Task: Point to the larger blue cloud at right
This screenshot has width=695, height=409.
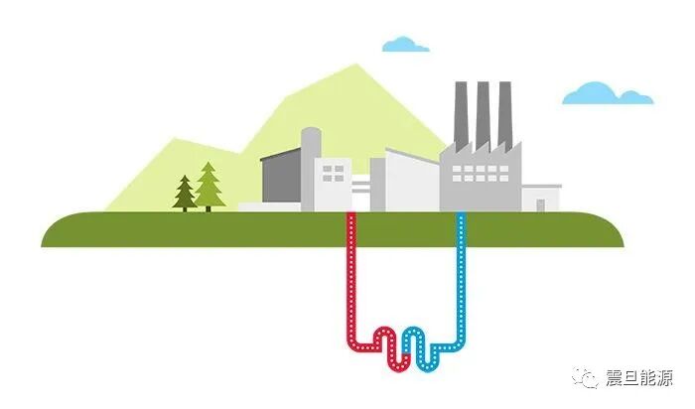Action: pyautogui.click(x=607, y=93)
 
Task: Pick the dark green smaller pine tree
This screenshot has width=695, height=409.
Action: pyautogui.click(x=185, y=193)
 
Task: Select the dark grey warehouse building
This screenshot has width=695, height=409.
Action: pyautogui.click(x=280, y=179)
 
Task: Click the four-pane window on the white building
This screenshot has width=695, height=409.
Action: pyautogui.click(x=334, y=174)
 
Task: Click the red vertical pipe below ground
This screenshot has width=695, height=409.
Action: pyautogui.click(x=350, y=278)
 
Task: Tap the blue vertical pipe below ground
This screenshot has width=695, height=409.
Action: pyautogui.click(x=460, y=278)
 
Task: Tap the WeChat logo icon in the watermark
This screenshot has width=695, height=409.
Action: pyautogui.click(x=587, y=377)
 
